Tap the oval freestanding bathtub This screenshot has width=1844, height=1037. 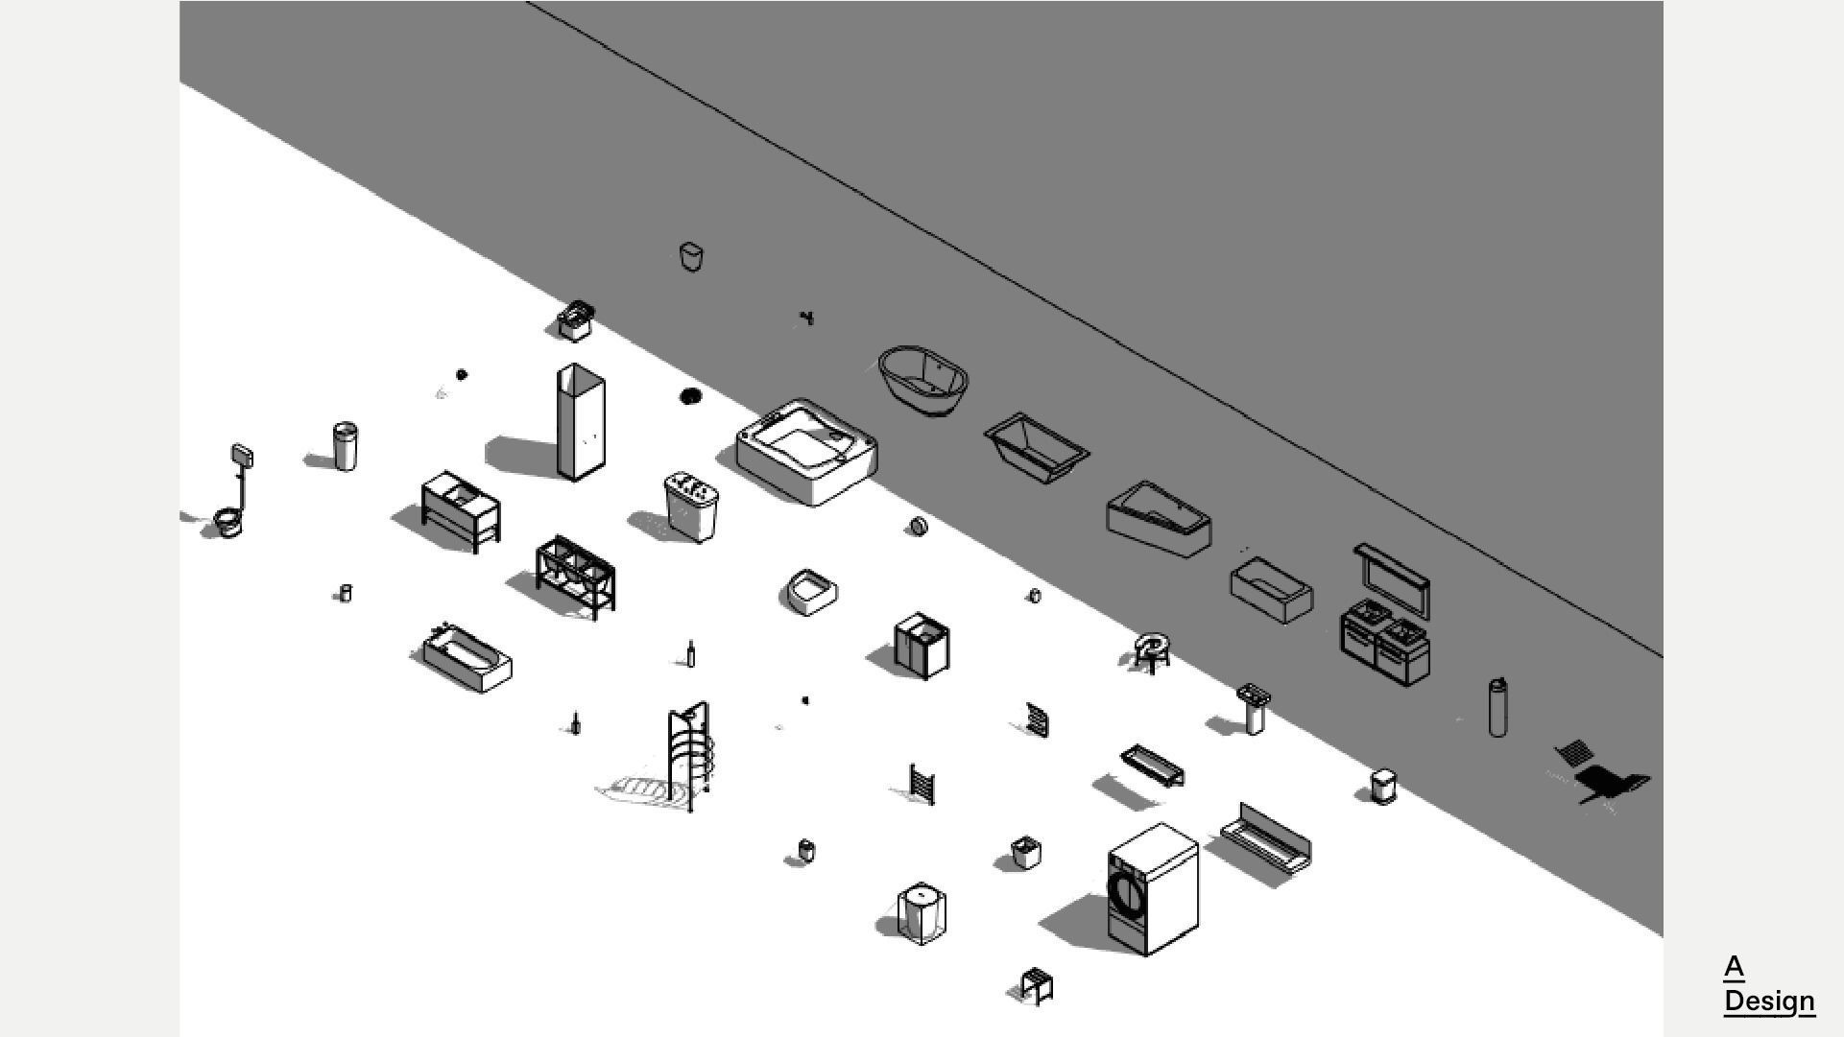[x=923, y=381]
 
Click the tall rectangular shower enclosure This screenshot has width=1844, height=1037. [x=580, y=422]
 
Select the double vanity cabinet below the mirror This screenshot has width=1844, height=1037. [x=1385, y=643]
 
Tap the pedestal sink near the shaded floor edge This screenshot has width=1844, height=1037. [x=1254, y=707]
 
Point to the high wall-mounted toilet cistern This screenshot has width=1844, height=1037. [x=242, y=457]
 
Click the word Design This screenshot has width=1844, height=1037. [x=1768, y=1001]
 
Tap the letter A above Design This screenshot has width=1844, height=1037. [x=1734, y=966]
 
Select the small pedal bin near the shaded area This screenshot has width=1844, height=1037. [x=1383, y=787]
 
